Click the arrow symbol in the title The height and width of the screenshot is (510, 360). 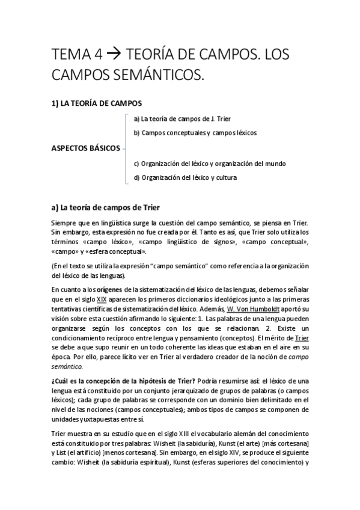point(114,55)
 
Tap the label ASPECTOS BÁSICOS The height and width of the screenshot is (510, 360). point(86,149)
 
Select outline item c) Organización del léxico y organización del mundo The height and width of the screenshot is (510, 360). point(209,164)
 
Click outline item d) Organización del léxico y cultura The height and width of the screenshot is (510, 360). point(185,177)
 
